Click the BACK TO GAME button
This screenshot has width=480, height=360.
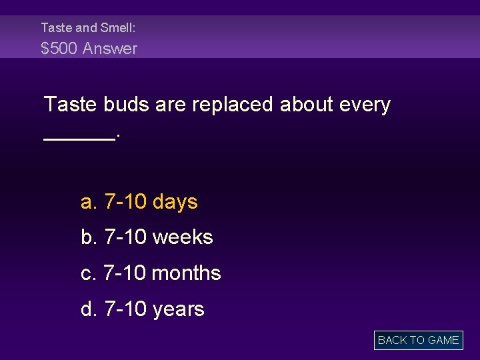pyautogui.click(x=418, y=340)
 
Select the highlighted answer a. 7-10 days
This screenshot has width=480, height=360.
pyautogui.click(x=139, y=201)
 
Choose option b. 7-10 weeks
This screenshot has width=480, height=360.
pyautogui.click(x=147, y=237)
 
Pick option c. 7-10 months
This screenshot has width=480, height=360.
pyautogui.click(x=151, y=273)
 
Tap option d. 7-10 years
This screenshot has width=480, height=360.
pyautogui.click(x=143, y=309)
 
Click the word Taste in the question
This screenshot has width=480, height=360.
pyautogui.click(x=71, y=105)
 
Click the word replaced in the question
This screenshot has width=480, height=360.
pyautogui.click(x=233, y=105)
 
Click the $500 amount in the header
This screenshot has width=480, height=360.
pyautogui.click(x=59, y=49)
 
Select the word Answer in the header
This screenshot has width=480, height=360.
pyautogui.click(x=110, y=49)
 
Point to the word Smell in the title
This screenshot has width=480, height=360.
pyautogui.click(x=118, y=28)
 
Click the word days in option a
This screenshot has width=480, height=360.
pyautogui.click(x=175, y=201)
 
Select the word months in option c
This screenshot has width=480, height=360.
pyautogui.click(x=186, y=273)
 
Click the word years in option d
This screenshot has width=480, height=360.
pyautogui.click(x=178, y=309)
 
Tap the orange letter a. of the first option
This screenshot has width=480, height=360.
pyautogui.click(x=89, y=202)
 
